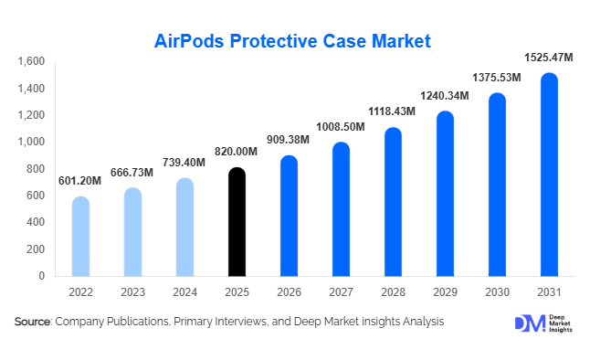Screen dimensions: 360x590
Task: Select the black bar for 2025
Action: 237,222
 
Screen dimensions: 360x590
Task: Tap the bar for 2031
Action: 549,175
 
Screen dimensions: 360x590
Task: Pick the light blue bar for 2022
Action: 80,236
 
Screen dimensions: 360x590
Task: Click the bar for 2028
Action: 393,202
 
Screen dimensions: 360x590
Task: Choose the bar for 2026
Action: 289,216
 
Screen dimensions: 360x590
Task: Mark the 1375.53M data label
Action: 496,78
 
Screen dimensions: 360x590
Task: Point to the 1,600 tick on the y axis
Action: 31,62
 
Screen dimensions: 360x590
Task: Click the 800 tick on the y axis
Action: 35,169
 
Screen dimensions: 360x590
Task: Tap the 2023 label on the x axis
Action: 132,292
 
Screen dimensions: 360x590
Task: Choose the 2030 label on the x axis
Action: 497,292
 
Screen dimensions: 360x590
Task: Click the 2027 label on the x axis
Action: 341,292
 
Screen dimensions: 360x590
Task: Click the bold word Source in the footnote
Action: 33,322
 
